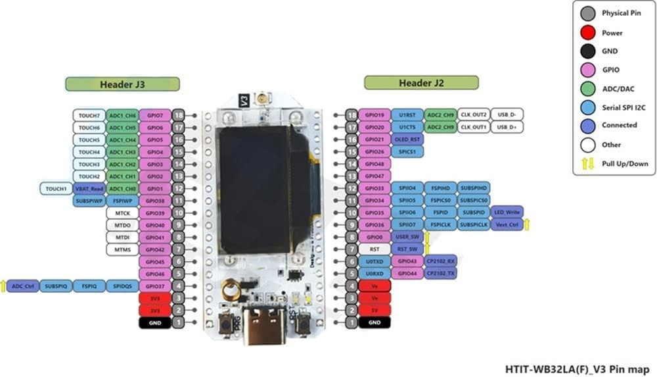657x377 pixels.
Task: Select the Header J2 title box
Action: [421, 83]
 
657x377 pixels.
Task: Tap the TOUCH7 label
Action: [89, 115]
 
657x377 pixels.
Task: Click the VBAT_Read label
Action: [89, 189]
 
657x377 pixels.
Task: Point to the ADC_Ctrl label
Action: [23, 286]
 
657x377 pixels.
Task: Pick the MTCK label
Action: [122, 213]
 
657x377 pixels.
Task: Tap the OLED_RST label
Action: [407, 139]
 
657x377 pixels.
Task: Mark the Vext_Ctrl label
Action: [507, 225]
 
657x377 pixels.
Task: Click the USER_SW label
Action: [407, 237]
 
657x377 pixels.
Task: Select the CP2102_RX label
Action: [441, 261]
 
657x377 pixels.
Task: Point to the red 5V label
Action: [374, 310]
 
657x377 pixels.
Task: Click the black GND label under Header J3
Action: [155, 322]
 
